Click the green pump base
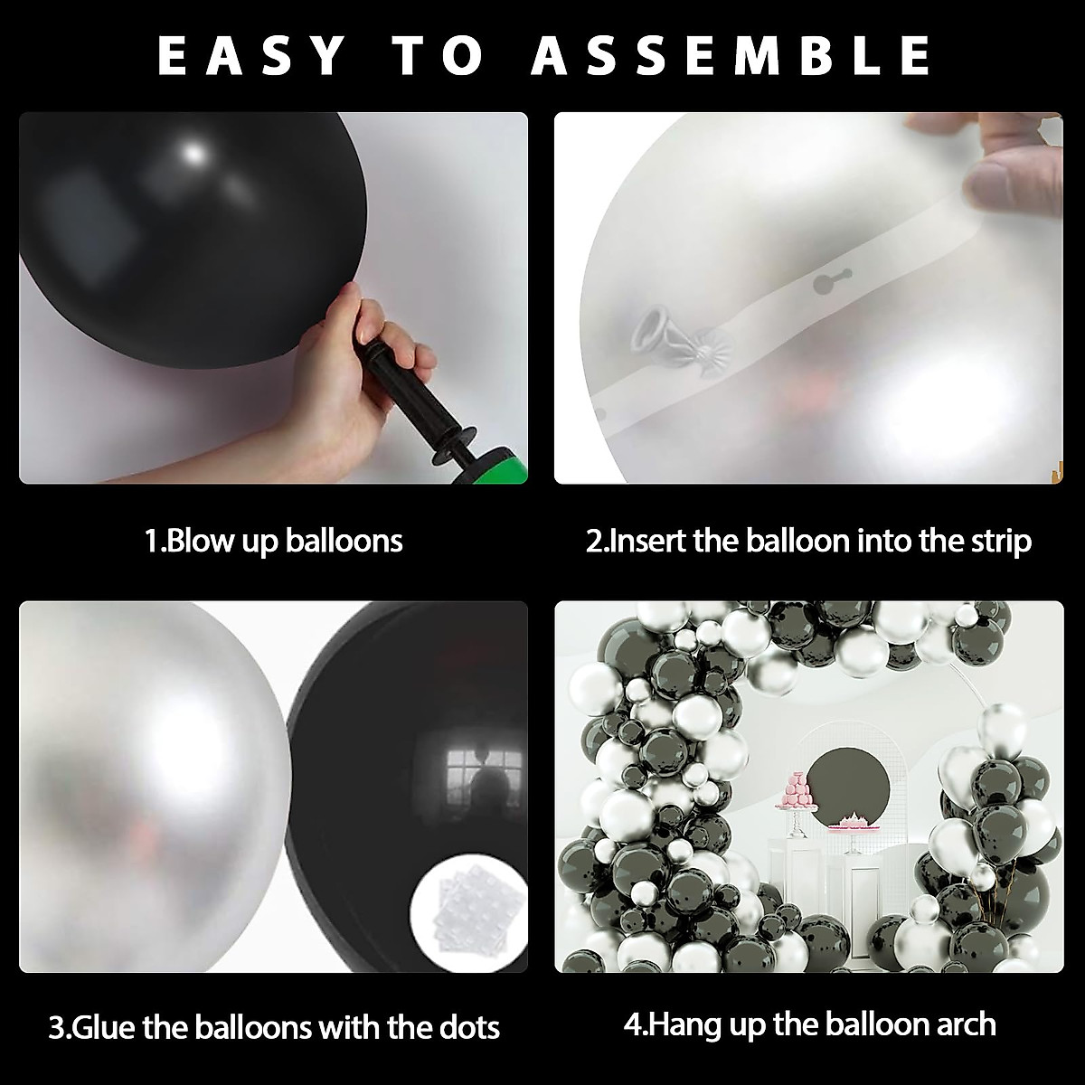503,466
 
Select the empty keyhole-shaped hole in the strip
825,284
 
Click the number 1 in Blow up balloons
152,541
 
